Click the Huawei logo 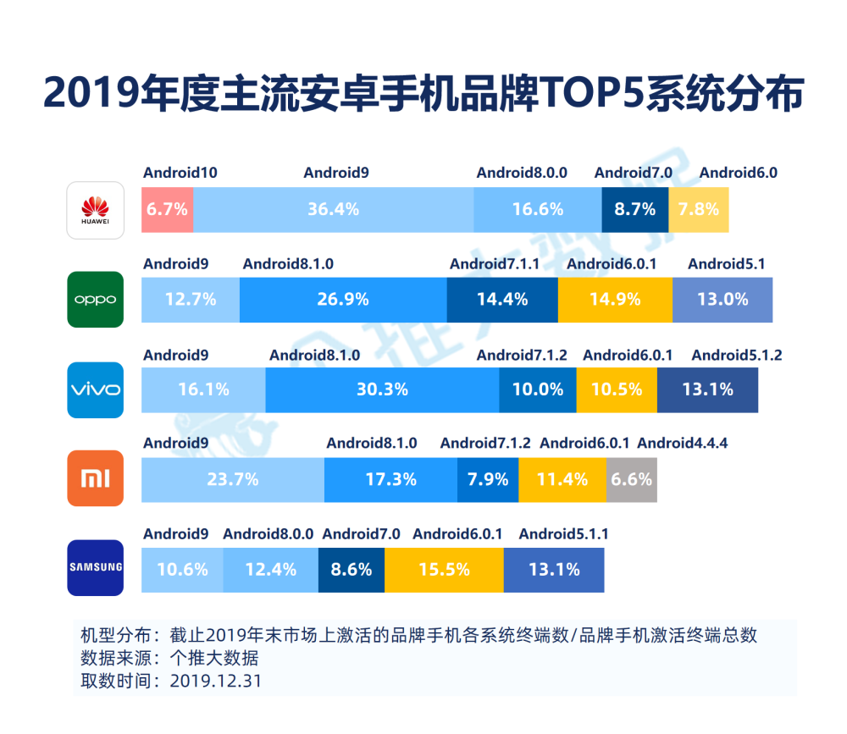pos(96,210)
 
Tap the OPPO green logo pos(96,300)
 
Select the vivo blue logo pos(96,389)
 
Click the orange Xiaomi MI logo pos(96,479)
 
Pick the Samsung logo pos(96,568)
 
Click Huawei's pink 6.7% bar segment pos(167,209)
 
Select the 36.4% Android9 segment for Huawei pos(333,209)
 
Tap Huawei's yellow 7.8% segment pos(699,209)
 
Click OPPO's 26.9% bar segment pos(343,299)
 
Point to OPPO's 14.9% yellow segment pos(615,299)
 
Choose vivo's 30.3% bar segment pos(382,389)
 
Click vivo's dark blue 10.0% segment pos(537,389)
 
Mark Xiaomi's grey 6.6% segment pos(632,479)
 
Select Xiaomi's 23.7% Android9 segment pos(232,479)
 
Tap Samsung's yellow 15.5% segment pos(444,569)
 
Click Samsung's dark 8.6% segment pos(351,569)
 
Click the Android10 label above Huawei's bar pos(180,173)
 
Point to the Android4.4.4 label pos(682,443)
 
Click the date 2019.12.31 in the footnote pos(216,680)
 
